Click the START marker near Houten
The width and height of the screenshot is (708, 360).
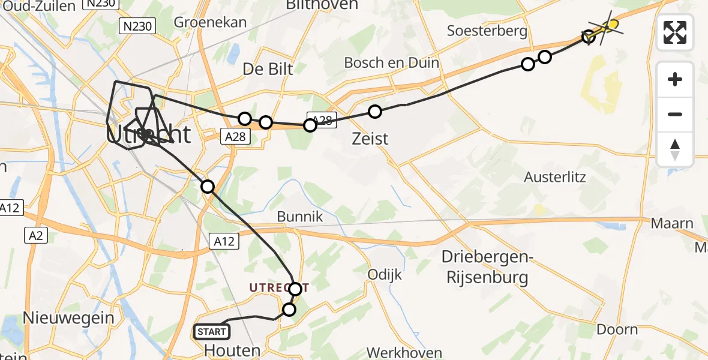[212, 332]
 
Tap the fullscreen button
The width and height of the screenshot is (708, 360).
[675, 32]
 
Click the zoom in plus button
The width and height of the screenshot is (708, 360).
[675, 79]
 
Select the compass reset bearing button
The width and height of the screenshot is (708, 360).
[675, 149]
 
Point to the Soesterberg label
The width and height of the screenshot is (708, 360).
[487, 31]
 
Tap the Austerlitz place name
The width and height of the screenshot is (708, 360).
[554, 178]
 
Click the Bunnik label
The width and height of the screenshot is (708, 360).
[300, 217]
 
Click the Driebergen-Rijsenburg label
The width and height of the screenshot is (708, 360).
[485, 268]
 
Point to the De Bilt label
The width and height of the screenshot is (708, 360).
[268, 69]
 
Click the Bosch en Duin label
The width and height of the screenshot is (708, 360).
[391, 62]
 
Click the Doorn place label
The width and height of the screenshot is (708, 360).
[617, 329]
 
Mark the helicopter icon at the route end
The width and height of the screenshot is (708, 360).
[607, 25]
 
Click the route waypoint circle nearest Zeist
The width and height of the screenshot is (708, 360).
[375, 111]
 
